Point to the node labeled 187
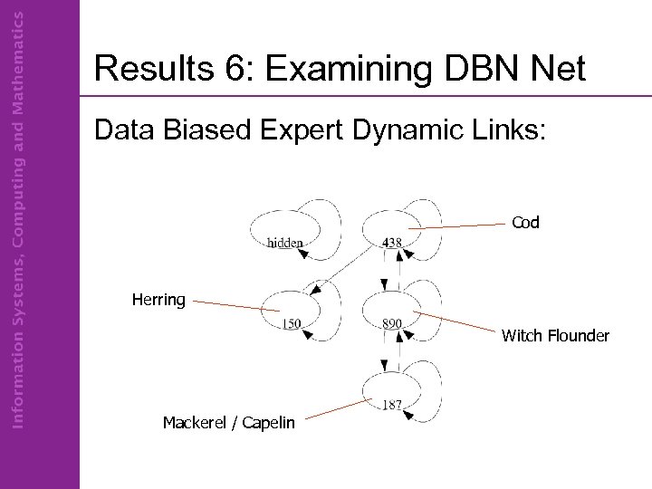pyautogui.click(x=391, y=391)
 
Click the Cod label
pyautogui.click(x=525, y=222)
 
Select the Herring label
pyautogui.click(x=158, y=300)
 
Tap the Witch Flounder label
pyautogui.click(x=555, y=336)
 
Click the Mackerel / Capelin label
pyautogui.click(x=228, y=422)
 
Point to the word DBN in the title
pyautogui.click(x=477, y=70)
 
